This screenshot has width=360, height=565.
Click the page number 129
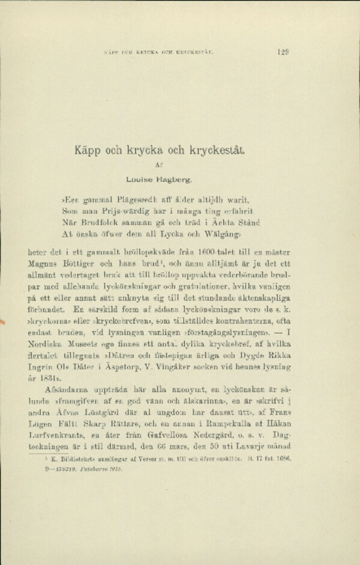(284, 52)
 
